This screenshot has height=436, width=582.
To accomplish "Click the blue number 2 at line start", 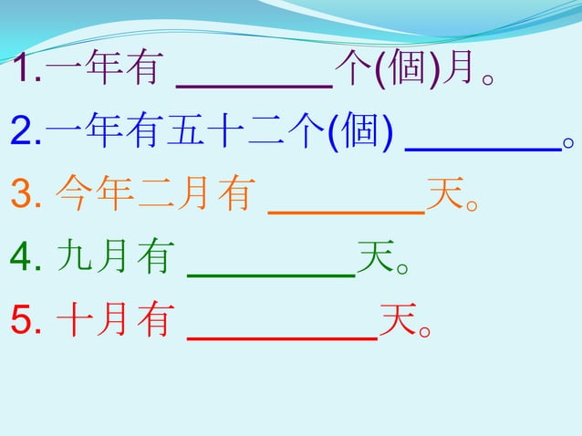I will coord(22,135).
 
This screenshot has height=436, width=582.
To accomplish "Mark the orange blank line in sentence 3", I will coord(347,211).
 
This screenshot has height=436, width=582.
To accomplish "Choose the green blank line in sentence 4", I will coord(270,273).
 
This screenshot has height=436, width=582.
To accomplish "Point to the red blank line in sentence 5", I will coord(282,336).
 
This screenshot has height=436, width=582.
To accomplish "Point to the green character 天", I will coord(375,258).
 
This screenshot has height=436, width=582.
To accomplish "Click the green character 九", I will coord(72,258).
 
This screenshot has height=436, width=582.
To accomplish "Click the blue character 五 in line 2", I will coord(183,134).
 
